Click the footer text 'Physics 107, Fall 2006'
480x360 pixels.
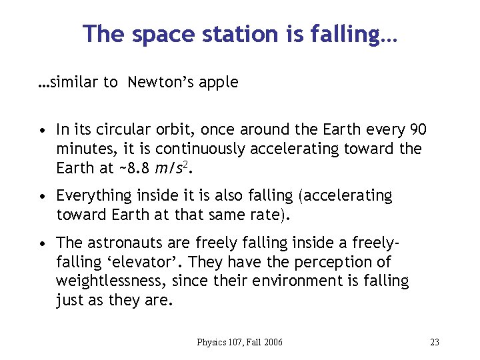point(239,342)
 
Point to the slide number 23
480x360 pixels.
point(435,342)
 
